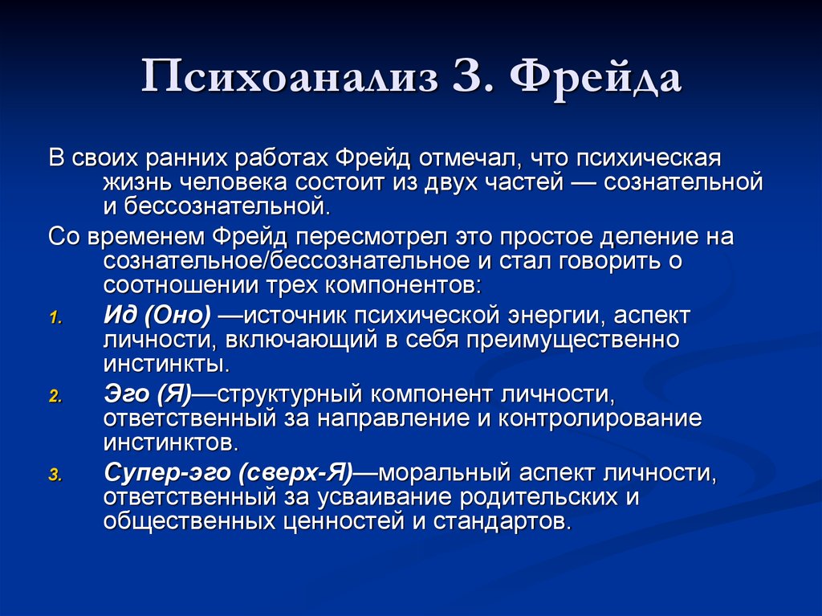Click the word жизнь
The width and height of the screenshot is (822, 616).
click(x=137, y=182)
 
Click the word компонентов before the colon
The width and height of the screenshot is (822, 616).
click(x=400, y=285)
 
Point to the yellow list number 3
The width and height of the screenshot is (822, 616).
click(x=55, y=475)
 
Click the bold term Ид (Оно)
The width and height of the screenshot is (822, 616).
click(x=157, y=316)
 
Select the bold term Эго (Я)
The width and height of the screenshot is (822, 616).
click(x=149, y=394)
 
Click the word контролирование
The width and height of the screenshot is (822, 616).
click(x=600, y=418)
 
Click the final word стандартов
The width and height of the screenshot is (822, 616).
click(x=500, y=521)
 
